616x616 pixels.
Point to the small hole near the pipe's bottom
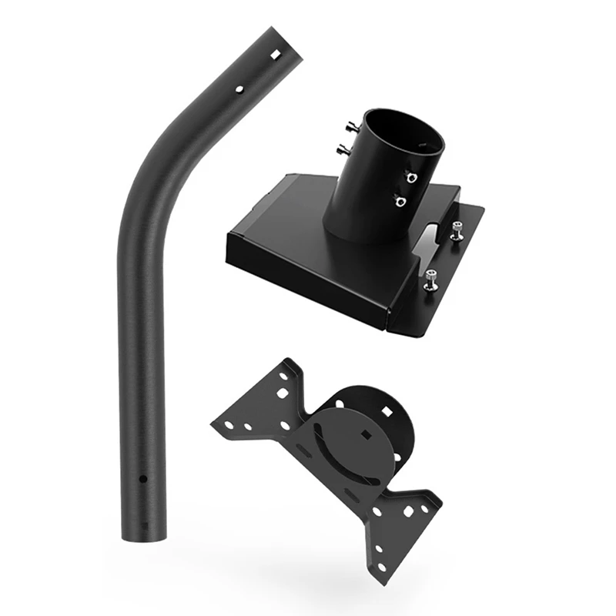(142, 479)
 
